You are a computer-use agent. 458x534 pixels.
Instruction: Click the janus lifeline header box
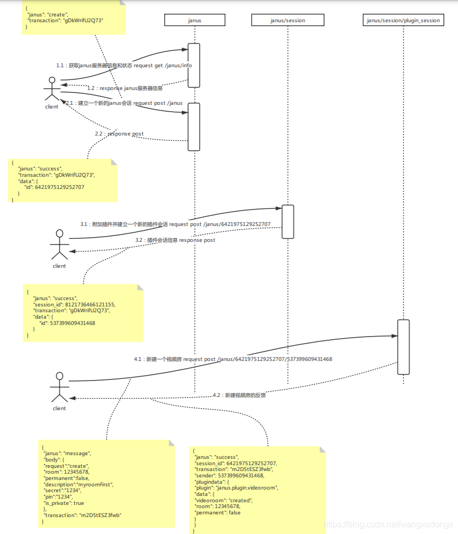pos(194,21)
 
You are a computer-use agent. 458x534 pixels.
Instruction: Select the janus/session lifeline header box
pos(288,21)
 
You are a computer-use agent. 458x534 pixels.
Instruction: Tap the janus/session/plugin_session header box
pos(403,21)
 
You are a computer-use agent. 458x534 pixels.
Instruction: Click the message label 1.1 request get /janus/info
pos(124,66)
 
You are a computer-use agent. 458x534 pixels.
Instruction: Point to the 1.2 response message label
pos(125,88)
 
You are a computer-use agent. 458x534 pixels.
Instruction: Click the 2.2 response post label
pos(119,134)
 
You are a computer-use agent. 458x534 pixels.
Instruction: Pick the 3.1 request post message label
pos(175,224)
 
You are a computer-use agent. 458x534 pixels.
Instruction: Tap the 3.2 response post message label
pos(175,240)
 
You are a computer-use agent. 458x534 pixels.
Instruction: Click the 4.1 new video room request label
pos(233,359)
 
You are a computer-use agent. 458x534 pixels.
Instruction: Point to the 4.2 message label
pos(239,395)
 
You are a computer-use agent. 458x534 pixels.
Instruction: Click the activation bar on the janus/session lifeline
pos(288,222)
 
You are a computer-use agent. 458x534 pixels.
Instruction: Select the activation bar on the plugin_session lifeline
pos(403,347)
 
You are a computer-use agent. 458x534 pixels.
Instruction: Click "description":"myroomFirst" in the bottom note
pos(78,484)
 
